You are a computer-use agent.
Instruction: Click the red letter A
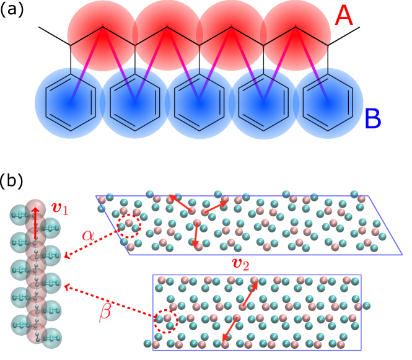343,17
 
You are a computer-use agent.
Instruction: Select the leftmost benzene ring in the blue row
71,99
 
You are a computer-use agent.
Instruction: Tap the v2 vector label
240,265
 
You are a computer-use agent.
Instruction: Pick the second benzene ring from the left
135,99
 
